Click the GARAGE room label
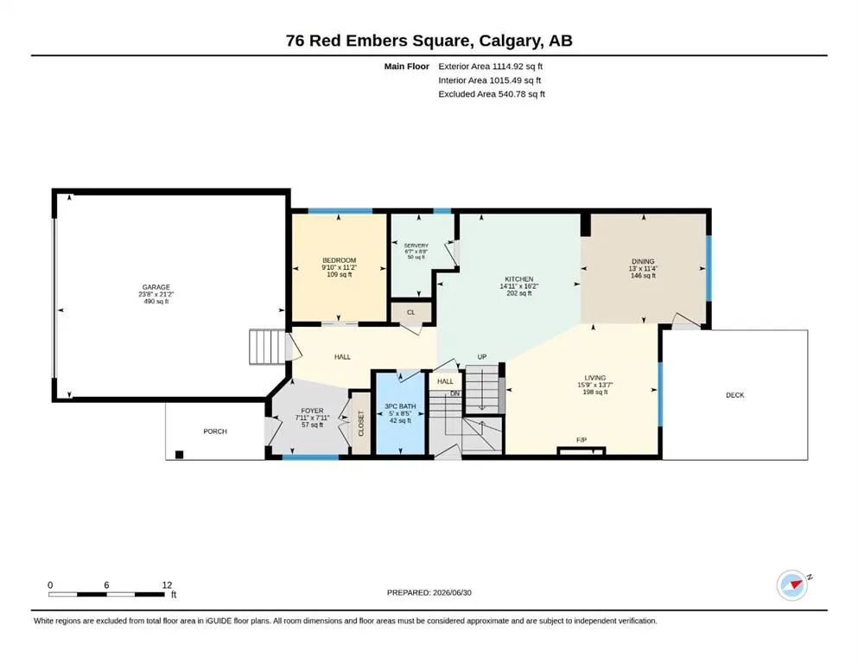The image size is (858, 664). (x=156, y=287)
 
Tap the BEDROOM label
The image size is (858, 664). (x=340, y=260)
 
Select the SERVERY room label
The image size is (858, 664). (x=416, y=246)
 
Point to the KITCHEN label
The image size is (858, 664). (x=518, y=279)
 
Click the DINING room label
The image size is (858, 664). (x=643, y=262)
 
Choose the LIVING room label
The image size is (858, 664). (x=594, y=378)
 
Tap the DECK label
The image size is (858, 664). (x=735, y=395)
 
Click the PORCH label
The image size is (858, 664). (x=215, y=431)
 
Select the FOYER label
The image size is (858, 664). (x=312, y=411)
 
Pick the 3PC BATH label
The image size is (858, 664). (x=400, y=406)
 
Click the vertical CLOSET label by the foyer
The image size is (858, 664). (x=361, y=423)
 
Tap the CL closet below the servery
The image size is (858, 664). (x=411, y=313)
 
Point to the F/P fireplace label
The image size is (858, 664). (x=582, y=440)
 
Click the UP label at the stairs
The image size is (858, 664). (x=482, y=357)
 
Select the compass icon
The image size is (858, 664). (x=793, y=585)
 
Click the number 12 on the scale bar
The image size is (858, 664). (x=167, y=585)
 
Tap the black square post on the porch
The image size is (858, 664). (x=179, y=455)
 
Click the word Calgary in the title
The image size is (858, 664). (x=508, y=41)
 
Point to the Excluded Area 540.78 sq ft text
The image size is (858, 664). (x=492, y=94)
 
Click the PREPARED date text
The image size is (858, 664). (x=429, y=592)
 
